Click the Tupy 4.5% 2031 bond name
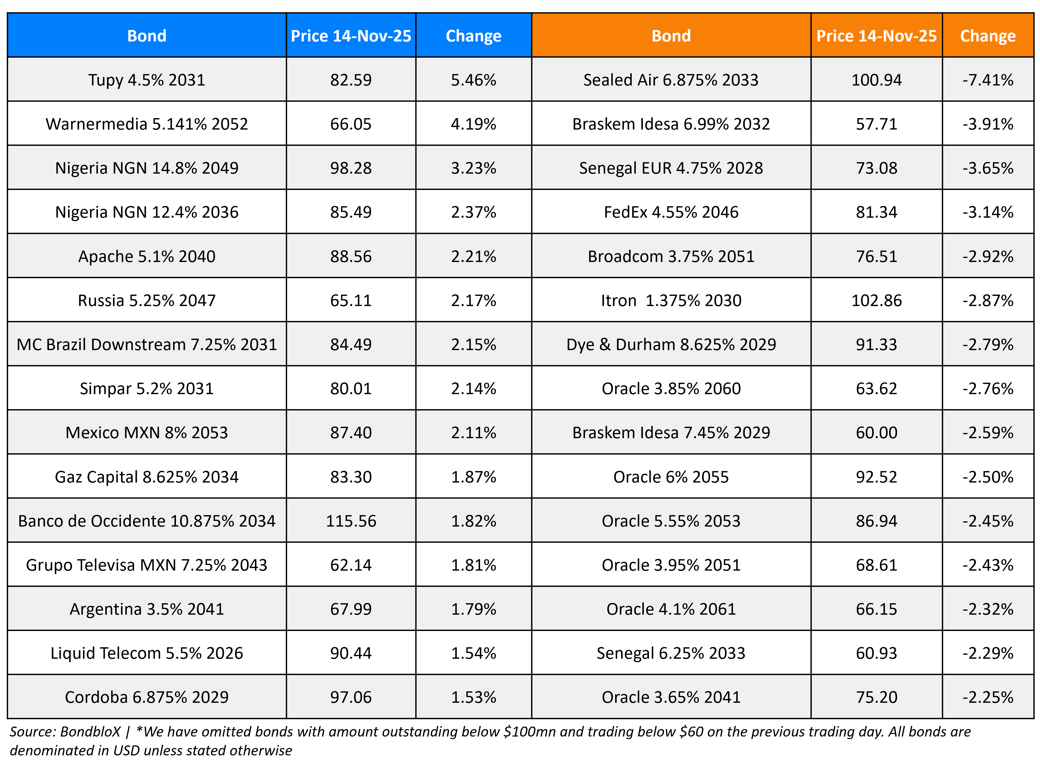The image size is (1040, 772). [x=147, y=80]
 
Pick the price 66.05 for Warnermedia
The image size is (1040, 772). [x=350, y=124]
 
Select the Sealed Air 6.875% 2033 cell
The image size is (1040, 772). [x=671, y=80]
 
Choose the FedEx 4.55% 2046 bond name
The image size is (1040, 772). [x=671, y=212]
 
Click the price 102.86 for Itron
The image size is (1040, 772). [x=876, y=301]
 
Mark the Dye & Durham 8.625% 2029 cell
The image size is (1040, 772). [x=671, y=344]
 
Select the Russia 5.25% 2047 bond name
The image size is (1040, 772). [x=147, y=301]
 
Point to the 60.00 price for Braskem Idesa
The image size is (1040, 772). [x=876, y=433]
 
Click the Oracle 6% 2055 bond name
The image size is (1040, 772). [x=671, y=477]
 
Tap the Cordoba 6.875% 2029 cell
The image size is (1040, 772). [x=147, y=697]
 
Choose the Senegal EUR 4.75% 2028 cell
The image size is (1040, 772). [x=671, y=168]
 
